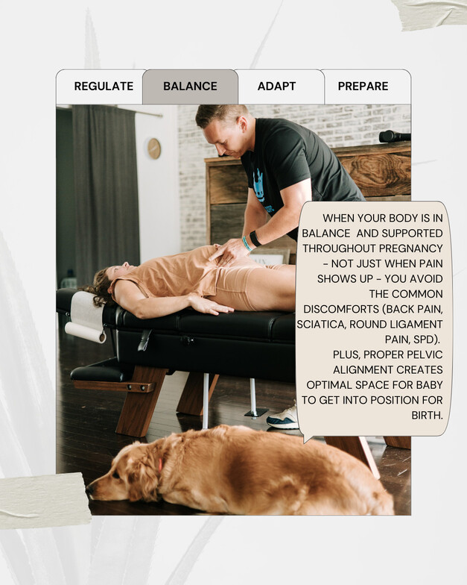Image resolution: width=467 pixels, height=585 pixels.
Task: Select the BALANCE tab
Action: [x=190, y=87]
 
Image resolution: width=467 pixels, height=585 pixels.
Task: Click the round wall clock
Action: [x=153, y=148]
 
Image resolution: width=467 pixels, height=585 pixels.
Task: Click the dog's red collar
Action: [x=160, y=465]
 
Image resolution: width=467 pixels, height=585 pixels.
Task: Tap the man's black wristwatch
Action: [x=255, y=239]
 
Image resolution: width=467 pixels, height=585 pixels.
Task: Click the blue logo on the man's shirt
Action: [x=259, y=186]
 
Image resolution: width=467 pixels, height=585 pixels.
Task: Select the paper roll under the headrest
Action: [x=86, y=331]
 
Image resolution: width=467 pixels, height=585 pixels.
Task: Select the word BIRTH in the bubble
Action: [x=428, y=415]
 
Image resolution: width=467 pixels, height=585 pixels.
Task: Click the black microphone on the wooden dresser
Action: [x=395, y=136]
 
